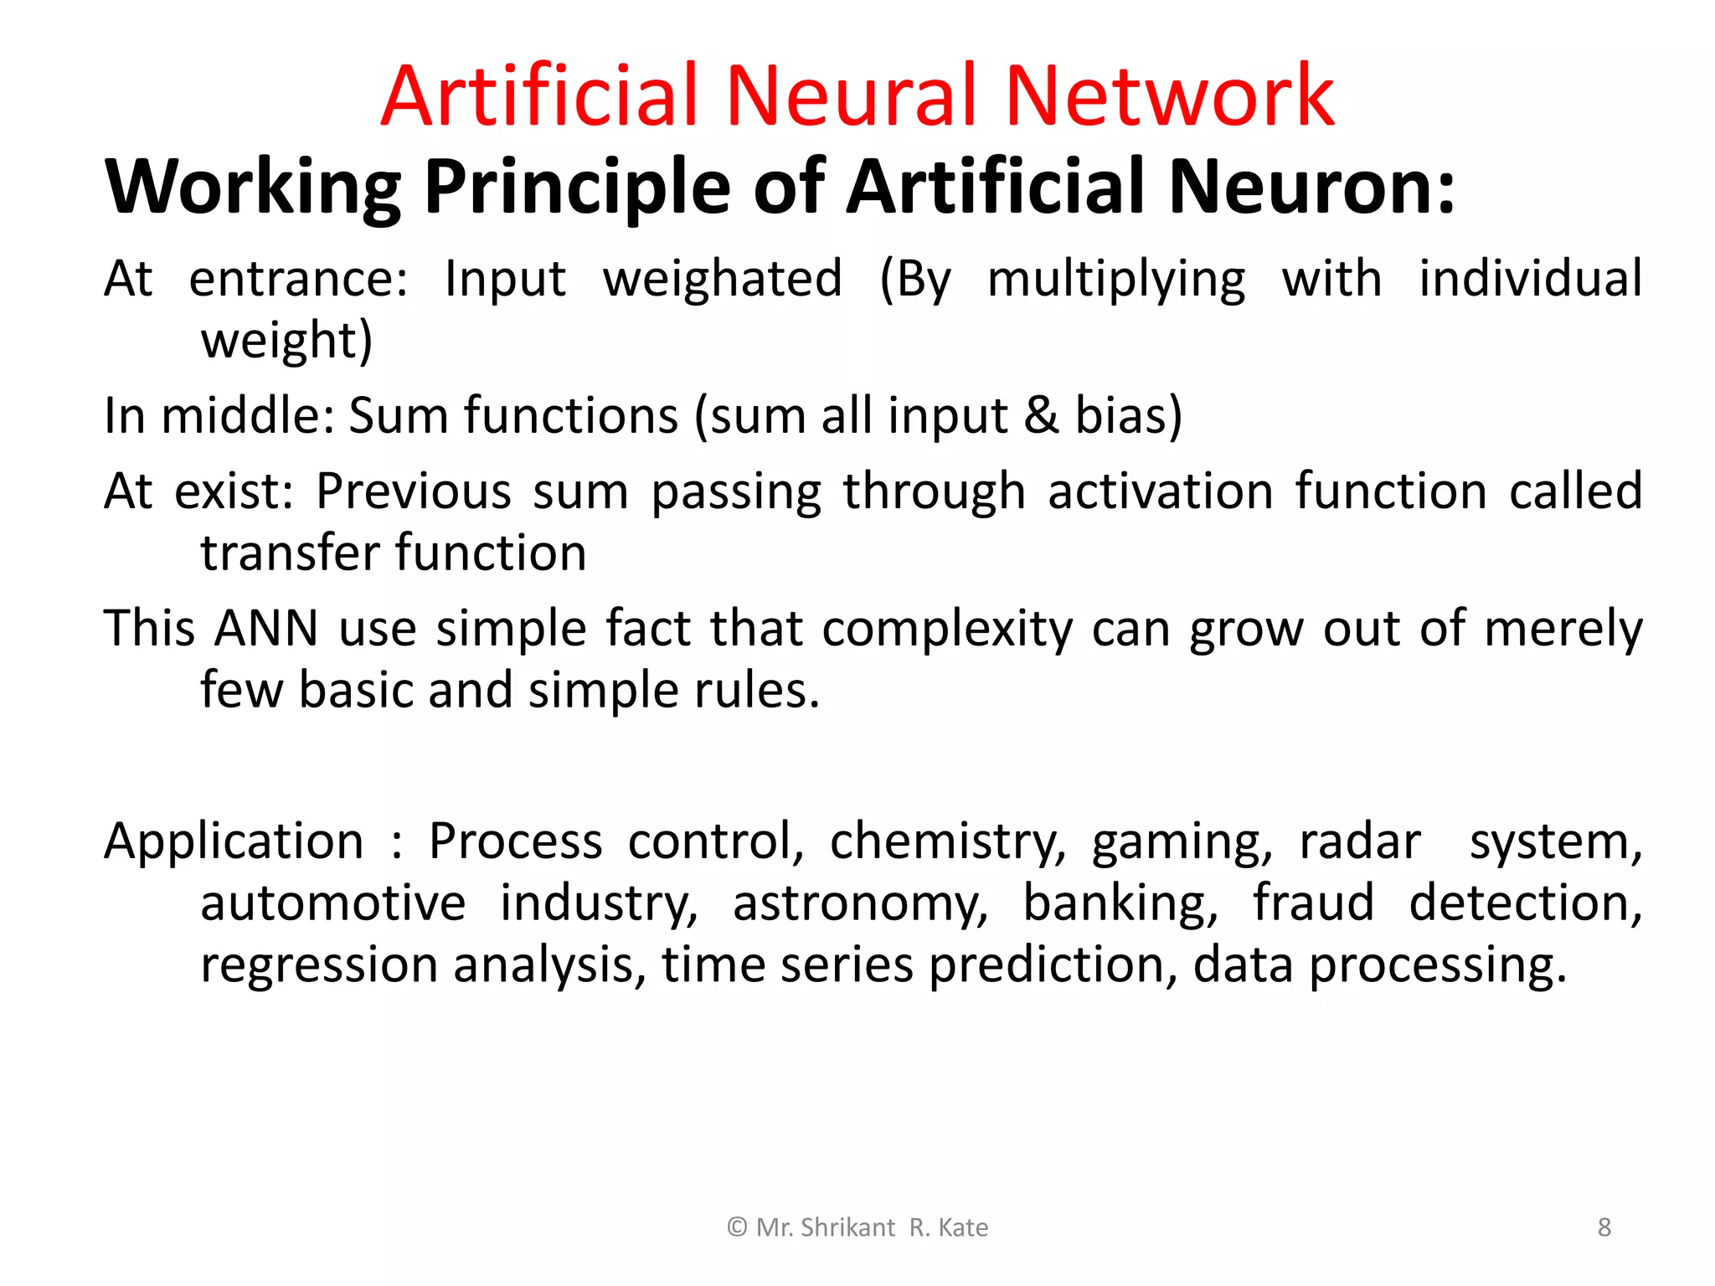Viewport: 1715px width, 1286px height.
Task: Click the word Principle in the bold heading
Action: coord(577,188)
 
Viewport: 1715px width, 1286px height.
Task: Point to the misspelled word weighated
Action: coord(722,279)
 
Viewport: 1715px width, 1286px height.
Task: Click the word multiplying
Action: coord(1115,280)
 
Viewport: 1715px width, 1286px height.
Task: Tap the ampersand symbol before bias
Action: coord(1041,415)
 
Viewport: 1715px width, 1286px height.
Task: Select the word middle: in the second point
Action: coord(247,415)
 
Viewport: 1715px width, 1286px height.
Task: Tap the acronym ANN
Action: coord(266,628)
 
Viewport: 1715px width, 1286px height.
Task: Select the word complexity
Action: coord(947,630)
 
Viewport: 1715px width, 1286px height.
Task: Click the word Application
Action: coord(234,841)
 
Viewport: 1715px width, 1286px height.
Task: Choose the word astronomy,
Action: coord(860,904)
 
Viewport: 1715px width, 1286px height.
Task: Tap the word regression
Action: coord(319,966)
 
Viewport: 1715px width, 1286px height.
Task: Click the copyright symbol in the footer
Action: coord(737,1227)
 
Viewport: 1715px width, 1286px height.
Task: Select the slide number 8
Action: coord(1604,1227)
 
